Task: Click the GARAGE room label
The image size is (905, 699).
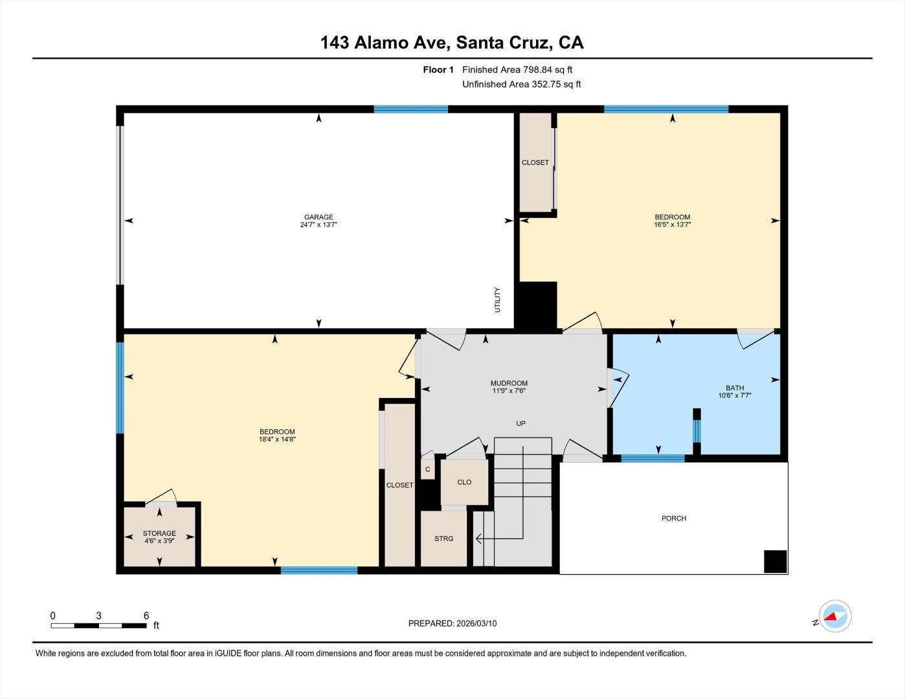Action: tap(318, 217)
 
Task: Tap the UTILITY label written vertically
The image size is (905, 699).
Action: tap(497, 300)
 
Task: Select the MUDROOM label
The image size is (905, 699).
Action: tap(509, 383)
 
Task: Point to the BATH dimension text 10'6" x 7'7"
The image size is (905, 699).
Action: tap(734, 395)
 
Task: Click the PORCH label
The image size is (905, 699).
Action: tap(673, 518)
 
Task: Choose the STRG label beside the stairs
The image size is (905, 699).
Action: tap(443, 538)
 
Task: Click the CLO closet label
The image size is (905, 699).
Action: tap(464, 482)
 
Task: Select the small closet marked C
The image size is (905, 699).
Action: tap(427, 470)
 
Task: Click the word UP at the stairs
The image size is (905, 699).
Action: tap(520, 423)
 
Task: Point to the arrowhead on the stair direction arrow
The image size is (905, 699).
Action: tap(478, 538)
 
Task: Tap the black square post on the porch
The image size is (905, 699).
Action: tap(775, 561)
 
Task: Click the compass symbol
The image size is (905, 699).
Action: tap(834, 616)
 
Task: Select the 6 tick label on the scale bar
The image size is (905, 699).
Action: tap(146, 616)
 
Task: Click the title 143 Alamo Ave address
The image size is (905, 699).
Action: tap(452, 43)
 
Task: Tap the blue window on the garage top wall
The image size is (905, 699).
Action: tap(410, 109)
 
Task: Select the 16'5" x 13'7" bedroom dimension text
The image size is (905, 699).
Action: tap(672, 225)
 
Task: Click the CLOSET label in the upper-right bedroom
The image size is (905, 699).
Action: tap(535, 162)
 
